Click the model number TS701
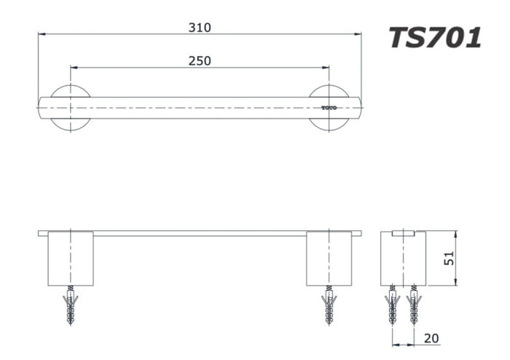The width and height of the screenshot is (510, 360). click(434, 36)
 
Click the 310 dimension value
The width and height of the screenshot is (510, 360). click(200, 28)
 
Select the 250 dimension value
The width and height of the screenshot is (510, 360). click(200, 60)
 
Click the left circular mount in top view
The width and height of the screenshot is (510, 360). click(71, 108)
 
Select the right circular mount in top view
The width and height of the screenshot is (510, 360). click(329, 108)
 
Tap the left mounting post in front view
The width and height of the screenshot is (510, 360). click(71, 259)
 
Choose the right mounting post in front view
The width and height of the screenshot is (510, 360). click(329, 259)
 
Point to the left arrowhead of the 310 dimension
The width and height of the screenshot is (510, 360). click(42, 34)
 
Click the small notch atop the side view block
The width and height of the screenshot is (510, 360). click(403, 234)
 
